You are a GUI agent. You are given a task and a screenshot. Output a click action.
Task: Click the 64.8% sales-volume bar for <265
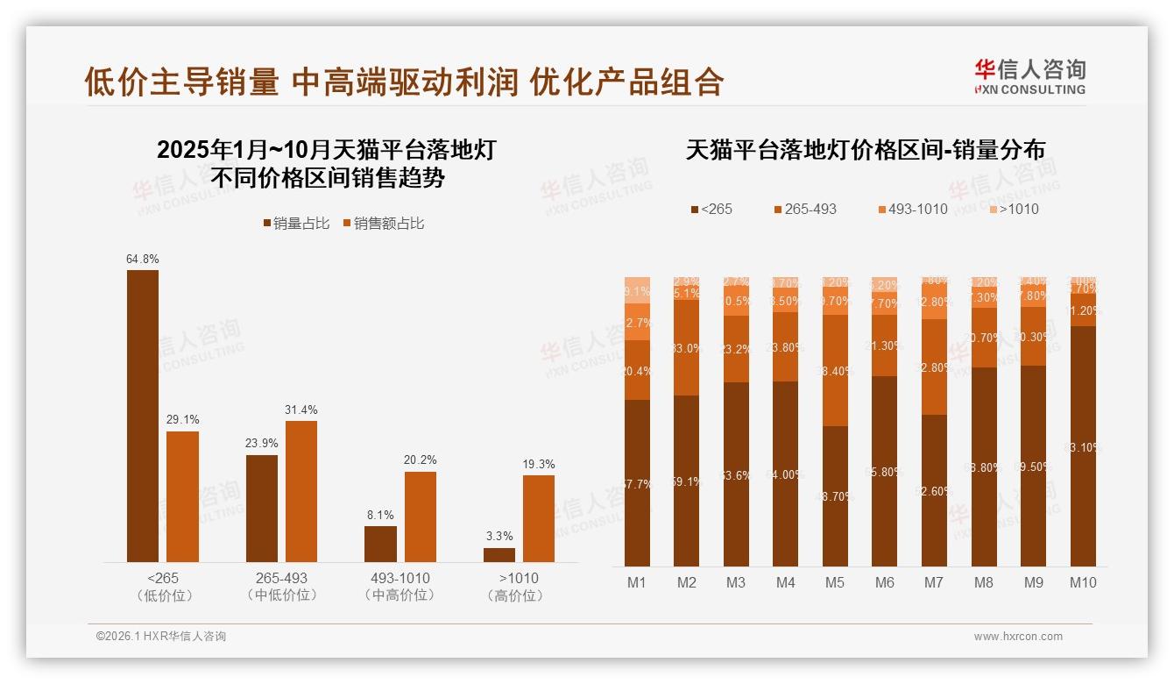pos(143,416)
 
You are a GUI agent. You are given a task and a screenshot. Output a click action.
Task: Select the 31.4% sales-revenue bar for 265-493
pos(301,491)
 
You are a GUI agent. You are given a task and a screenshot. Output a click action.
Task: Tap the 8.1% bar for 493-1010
pos(380,544)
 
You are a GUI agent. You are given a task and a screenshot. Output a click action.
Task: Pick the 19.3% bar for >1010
pos(539,518)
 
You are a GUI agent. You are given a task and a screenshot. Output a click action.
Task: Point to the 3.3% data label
pos(499,536)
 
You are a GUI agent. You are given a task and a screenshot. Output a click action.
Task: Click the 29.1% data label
pos(182,419)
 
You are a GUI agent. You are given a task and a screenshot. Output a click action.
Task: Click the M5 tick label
pos(835,582)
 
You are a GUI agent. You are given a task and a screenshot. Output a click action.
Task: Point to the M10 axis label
pos(1083,582)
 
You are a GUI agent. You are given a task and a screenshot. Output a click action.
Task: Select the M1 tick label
pos(637,582)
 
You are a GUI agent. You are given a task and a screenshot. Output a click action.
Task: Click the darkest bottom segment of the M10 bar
pos(1083,446)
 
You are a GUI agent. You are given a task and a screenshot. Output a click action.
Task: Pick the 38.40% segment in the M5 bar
pos(835,371)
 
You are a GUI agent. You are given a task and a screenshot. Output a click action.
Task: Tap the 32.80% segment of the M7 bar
pos(934,367)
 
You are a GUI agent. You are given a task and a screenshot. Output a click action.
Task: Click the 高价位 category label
pos(519,595)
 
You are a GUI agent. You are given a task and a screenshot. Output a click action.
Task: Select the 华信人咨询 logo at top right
pos(1029,76)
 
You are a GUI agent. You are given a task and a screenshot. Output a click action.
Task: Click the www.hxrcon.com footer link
pos(1018,637)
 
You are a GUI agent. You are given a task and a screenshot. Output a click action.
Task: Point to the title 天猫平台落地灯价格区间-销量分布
pos(865,150)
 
